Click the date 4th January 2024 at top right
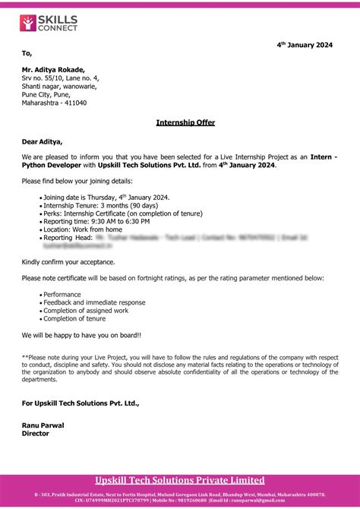tap(304, 46)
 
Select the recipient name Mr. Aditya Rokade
tap(58, 69)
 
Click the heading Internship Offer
tap(185, 122)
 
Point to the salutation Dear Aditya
tap(43, 141)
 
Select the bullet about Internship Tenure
tap(100, 205)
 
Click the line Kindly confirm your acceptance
tap(68, 261)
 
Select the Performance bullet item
tap(62, 294)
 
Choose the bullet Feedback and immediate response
tap(94, 302)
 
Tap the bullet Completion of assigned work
tap(86, 311)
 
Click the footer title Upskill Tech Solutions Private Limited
tap(179, 480)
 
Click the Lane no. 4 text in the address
tap(79, 77)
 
